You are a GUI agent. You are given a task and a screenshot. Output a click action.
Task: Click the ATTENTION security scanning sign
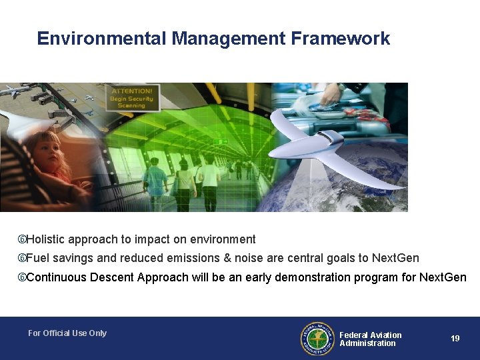click(x=131, y=97)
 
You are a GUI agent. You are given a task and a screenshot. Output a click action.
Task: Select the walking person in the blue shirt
click(x=156, y=180)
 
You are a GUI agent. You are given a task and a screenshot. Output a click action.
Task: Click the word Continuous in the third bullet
click(x=56, y=277)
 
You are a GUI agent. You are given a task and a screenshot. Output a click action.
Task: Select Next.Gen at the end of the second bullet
click(x=395, y=258)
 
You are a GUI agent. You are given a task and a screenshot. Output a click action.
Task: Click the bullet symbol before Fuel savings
click(x=22, y=258)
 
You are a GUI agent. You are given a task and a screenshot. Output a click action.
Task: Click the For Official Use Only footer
click(x=67, y=333)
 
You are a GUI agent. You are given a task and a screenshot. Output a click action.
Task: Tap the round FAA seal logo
click(x=317, y=339)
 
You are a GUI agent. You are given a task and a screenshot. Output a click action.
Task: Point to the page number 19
click(x=455, y=339)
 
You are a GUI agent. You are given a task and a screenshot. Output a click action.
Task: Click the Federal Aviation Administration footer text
click(x=370, y=339)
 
